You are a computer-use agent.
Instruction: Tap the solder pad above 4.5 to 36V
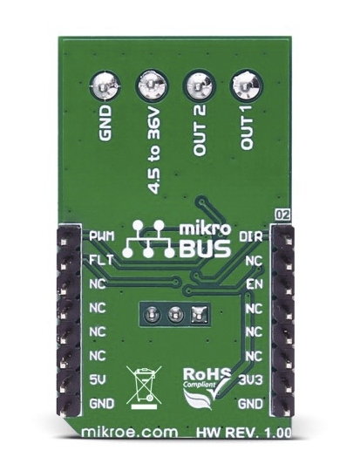click(x=152, y=85)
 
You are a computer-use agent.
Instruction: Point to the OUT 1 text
click(x=247, y=130)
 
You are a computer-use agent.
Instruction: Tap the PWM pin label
click(x=102, y=236)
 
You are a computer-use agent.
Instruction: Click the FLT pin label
click(x=101, y=260)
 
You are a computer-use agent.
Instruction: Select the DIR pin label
click(x=251, y=237)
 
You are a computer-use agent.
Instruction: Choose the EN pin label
click(x=255, y=283)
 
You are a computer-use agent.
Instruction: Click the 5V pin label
click(x=98, y=380)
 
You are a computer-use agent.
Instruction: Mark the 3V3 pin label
click(x=251, y=380)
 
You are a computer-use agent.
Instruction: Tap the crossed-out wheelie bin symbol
click(x=144, y=387)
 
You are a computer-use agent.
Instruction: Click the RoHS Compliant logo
click(x=207, y=388)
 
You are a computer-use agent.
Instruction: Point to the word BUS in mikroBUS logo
click(x=205, y=249)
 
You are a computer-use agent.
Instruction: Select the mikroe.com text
click(x=130, y=433)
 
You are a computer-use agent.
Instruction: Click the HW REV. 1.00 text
click(x=243, y=433)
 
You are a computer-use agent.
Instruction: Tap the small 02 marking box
click(x=282, y=215)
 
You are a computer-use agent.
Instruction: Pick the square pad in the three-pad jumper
click(x=199, y=315)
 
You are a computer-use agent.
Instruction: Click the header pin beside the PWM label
click(x=64, y=242)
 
